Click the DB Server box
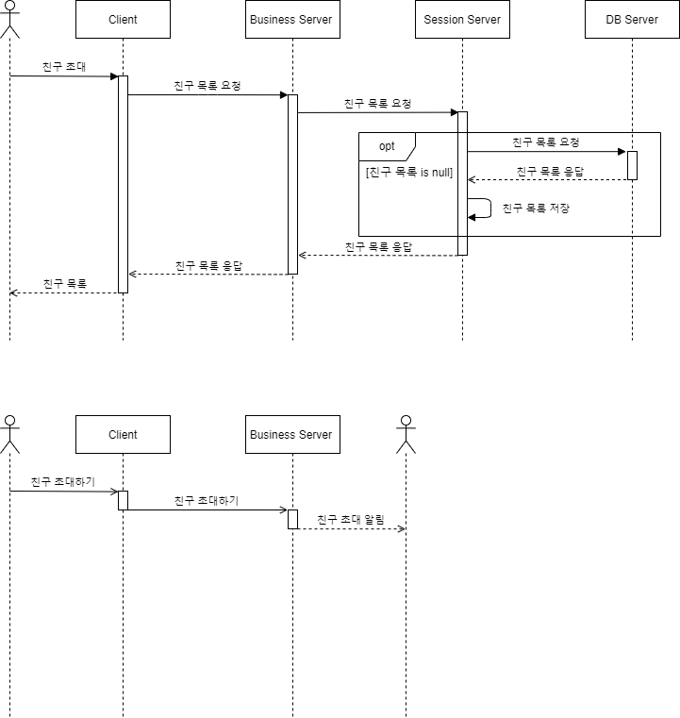[632, 20]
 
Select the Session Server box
[462, 20]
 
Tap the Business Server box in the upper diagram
[292, 20]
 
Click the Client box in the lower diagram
[123, 435]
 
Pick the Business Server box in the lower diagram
[292, 435]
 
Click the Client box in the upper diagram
[123, 20]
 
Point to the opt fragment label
[387, 146]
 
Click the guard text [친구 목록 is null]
[409, 173]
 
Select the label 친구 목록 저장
[536, 208]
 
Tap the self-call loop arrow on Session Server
[483, 209]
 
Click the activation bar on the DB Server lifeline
[632, 165]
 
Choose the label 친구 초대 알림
[351, 519]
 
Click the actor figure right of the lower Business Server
[406, 434]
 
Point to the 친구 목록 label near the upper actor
[64, 283]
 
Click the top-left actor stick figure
[9, 19]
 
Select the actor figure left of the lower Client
[9, 434]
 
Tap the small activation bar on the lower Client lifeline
[123, 500]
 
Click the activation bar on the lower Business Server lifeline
[292, 519]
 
